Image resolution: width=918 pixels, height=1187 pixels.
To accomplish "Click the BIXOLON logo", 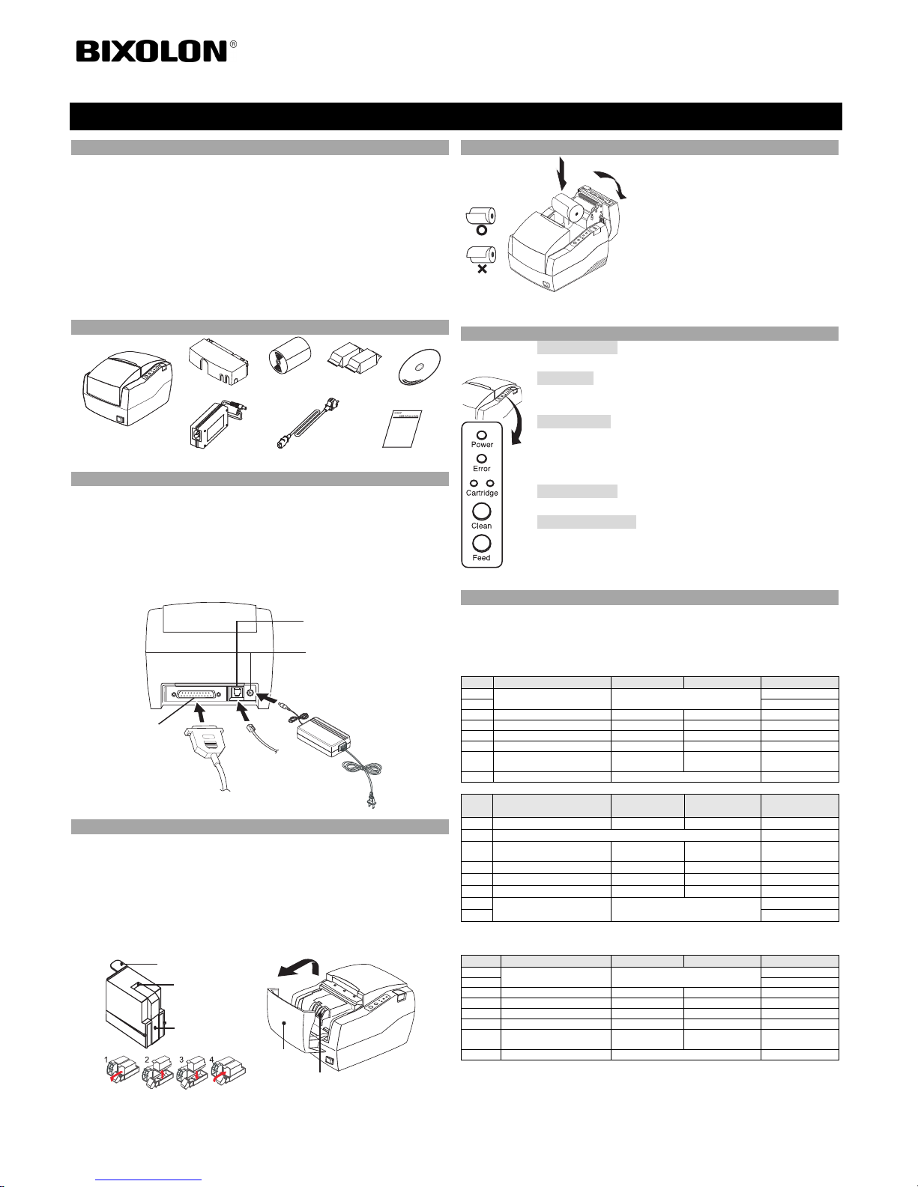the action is (x=151, y=52).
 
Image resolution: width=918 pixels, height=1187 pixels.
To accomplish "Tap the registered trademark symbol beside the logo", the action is (x=233, y=44).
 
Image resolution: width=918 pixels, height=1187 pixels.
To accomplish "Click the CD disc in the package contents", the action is (x=420, y=368).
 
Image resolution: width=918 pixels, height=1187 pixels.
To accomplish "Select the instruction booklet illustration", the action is (x=402, y=429).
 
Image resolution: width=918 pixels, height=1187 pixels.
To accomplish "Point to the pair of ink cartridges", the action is (x=354, y=358).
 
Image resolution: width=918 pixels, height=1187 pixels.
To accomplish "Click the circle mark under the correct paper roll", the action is (x=481, y=230).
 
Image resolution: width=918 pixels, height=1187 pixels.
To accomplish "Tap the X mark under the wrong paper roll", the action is (x=482, y=269).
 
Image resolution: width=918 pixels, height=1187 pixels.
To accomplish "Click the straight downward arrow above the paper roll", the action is (x=562, y=174).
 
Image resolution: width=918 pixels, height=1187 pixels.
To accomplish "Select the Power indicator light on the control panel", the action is (x=482, y=436).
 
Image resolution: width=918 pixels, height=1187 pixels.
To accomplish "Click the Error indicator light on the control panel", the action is (x=481, y=459).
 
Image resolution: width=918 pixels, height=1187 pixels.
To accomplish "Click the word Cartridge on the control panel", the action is (x=482, y=493).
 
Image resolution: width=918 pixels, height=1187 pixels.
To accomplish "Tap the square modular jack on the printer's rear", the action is (x=238, y=693).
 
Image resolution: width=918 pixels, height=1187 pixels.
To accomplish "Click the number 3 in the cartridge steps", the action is (x=181, y=1060).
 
